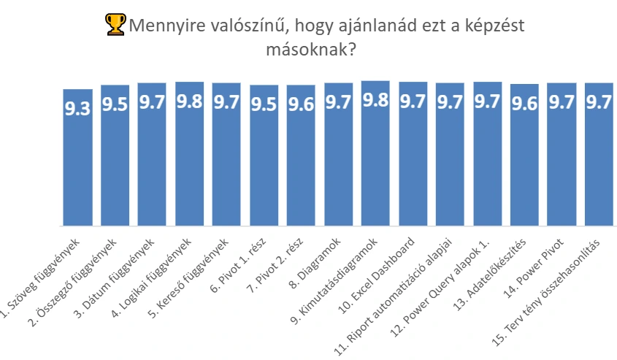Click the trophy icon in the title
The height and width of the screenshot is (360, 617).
pyautogui.click(x=116, y=26)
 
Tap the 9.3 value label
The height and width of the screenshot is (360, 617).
pyautogui.click(x=78, y=110)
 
